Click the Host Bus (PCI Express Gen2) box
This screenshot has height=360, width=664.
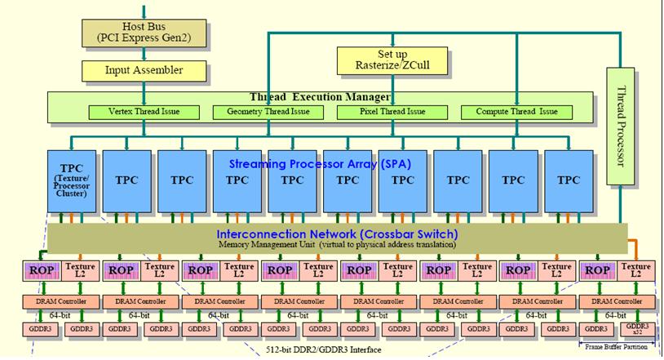coord(144,32)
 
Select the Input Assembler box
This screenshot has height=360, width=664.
coord(144,70)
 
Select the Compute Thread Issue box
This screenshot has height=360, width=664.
coord(510,112)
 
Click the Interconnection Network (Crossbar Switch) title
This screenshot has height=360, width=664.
coord(337,234)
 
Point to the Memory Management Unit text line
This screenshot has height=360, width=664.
coord(337,244)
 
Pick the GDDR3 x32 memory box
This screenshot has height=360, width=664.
coord(638,328)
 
